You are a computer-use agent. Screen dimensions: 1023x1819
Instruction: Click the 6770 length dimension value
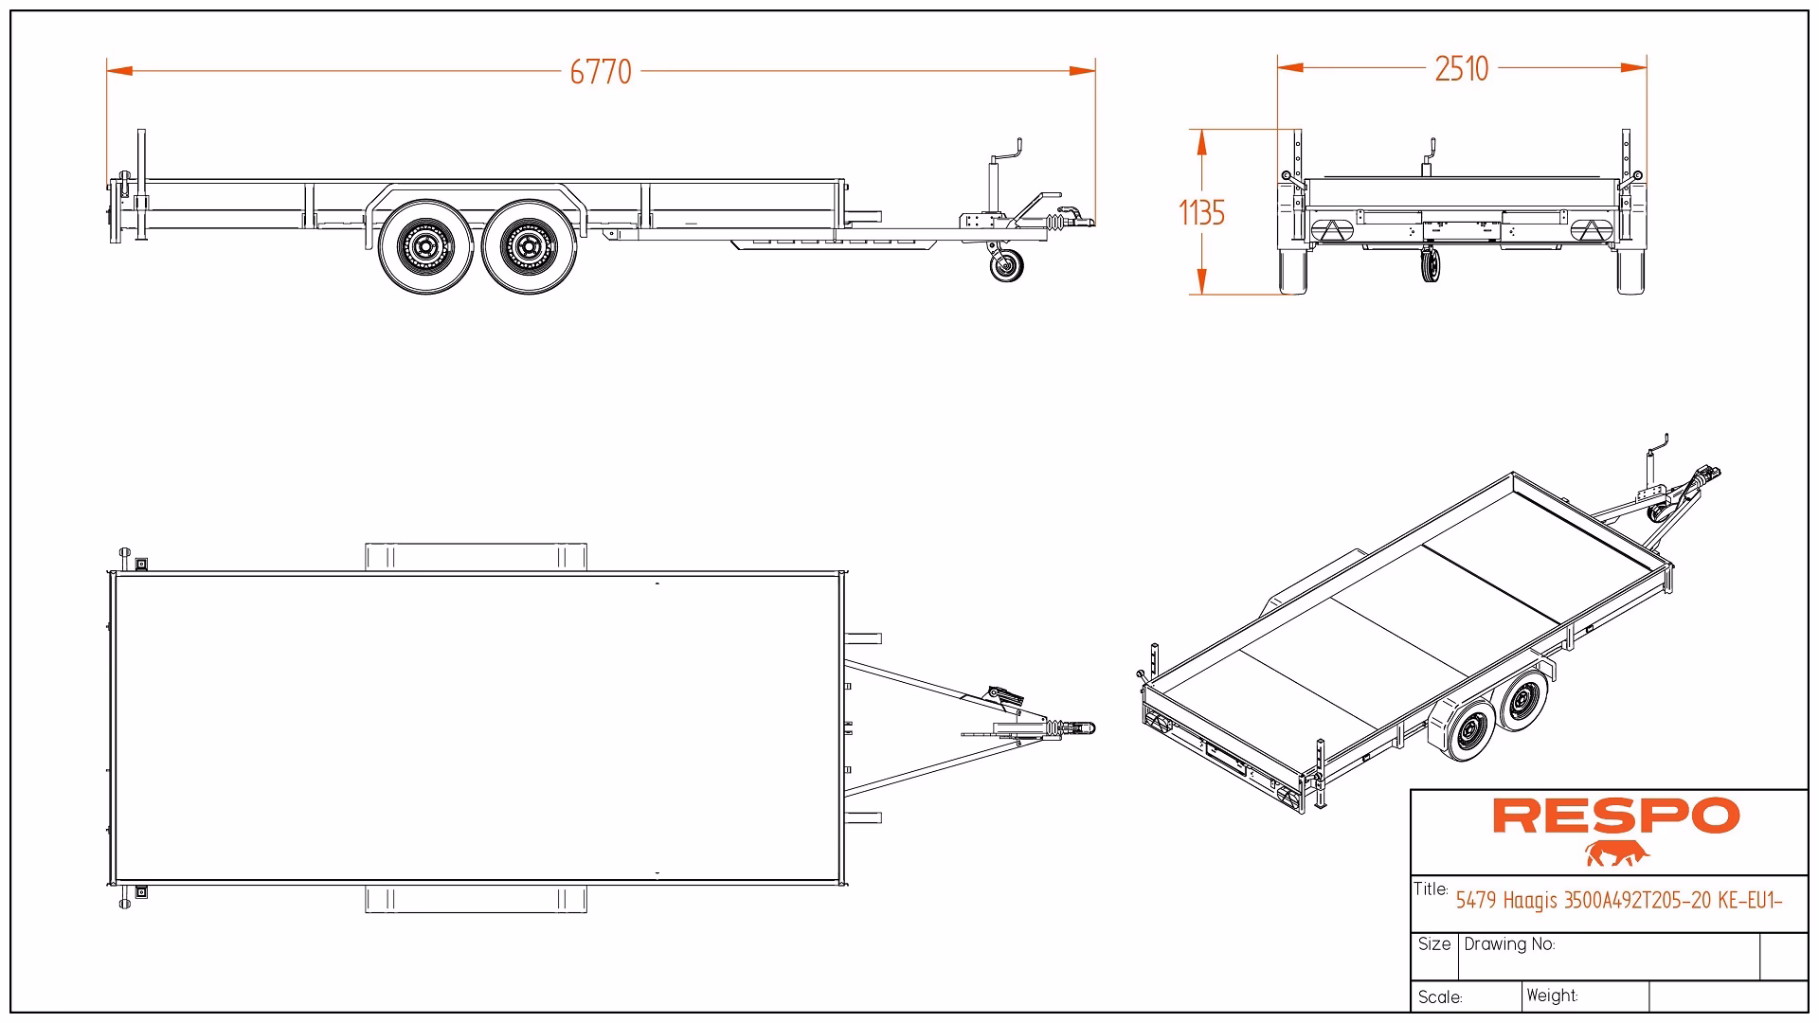pyautogui.click(x=601, y=72)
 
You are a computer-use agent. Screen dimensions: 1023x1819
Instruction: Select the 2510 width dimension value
pyautogui.click(x=1461, y=69)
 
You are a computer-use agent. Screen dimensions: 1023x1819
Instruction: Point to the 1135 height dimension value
pyautogui.click(x=1201, y=213)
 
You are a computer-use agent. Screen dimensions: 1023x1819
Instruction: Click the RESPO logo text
pyautogui.click(x=1616, y=816)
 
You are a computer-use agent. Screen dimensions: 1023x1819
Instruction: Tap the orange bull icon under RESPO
pyautogui.click(x=1616, y=853)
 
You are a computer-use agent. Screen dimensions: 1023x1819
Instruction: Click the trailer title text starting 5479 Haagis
pyautogui.click(x=1618, y=900)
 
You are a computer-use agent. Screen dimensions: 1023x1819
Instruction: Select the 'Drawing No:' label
pyautogui.click(x=1509, y=944)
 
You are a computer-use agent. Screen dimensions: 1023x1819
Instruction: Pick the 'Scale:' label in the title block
pyautogui.click(x=1440, y=997)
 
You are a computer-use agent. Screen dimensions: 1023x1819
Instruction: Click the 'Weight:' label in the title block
pyautogui.click(x=1552, y=996)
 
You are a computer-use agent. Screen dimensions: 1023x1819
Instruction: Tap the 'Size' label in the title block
pyautogui.click(x=1434, y=944)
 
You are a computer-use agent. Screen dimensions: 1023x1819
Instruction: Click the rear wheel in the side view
pyautogui.click(x=425, y=246)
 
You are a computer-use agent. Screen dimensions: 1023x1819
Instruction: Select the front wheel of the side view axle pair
pyautogui.click(x=529, y=246)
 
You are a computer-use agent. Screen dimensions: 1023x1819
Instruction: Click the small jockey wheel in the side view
pyautogui.click(x=1006, y=266)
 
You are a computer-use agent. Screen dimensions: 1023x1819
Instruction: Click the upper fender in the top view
pyautogui.click(x=476, y=556)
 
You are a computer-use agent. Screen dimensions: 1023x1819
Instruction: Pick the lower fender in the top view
pyautogui.click(x=476, y=899)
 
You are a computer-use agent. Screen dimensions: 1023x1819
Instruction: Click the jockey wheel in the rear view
pyautogui.click(x=1431, y=264)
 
